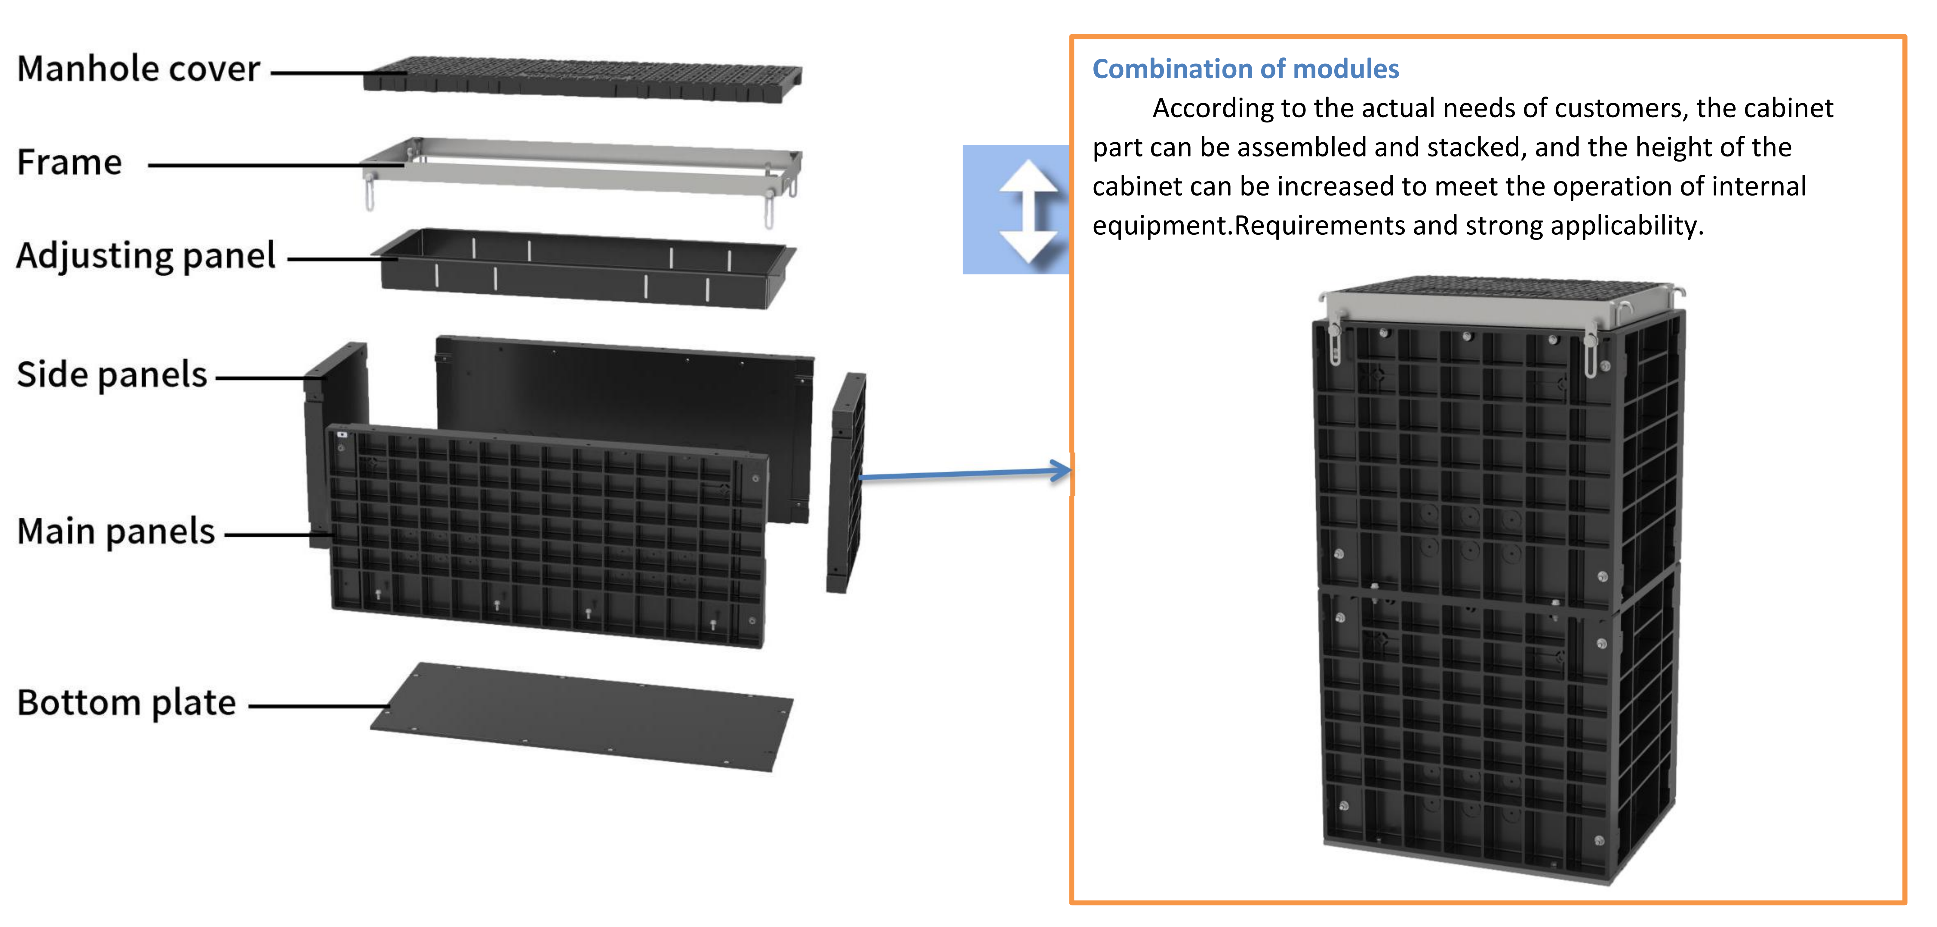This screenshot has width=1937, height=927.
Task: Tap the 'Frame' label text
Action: (69, 162)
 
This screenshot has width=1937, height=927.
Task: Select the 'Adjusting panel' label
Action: (146, 256)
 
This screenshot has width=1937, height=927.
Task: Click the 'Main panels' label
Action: (116, 531)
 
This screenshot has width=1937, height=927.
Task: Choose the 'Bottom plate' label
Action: (126, 703)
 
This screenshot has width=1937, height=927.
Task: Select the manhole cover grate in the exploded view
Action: (583, 78)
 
